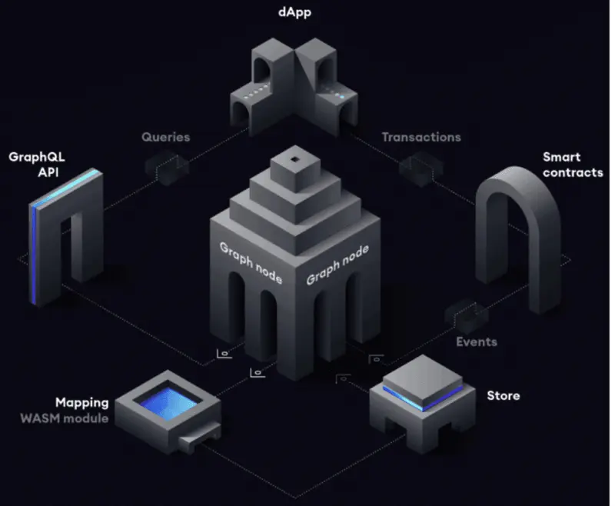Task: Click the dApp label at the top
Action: click(x=294, y=12)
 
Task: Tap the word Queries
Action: click(x=165, y=137)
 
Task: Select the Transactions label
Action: click(x=421, y=137)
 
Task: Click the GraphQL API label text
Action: click(x=36, y=165)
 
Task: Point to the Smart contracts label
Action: click(x=573, y=165)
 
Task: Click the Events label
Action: click(x=477, y=341)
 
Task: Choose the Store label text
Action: click(x=504, y=395)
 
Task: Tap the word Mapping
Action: click(x=82, y=403)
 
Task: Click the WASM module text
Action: click(x=65, y=418)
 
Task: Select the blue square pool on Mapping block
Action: click(x=169, y=403)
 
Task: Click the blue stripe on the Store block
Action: click(x=423, y=398)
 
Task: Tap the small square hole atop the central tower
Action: click(x=295, y=159)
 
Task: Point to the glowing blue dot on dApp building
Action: click(x=342, y=97)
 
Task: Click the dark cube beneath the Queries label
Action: click(x=168, y=168)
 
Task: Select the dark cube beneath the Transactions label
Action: click(x=421, y=168)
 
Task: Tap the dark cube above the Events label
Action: click(x=467, y=315)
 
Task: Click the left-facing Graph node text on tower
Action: click(x=251, y=262)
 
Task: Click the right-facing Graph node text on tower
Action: click(x=337, y=265)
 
